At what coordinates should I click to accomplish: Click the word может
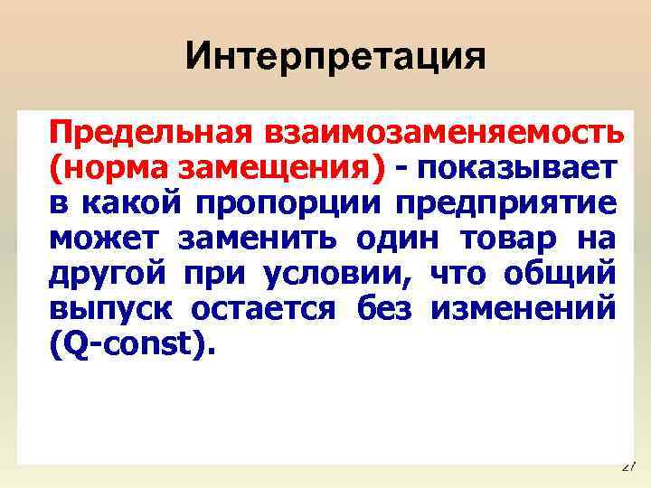point(104,239)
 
